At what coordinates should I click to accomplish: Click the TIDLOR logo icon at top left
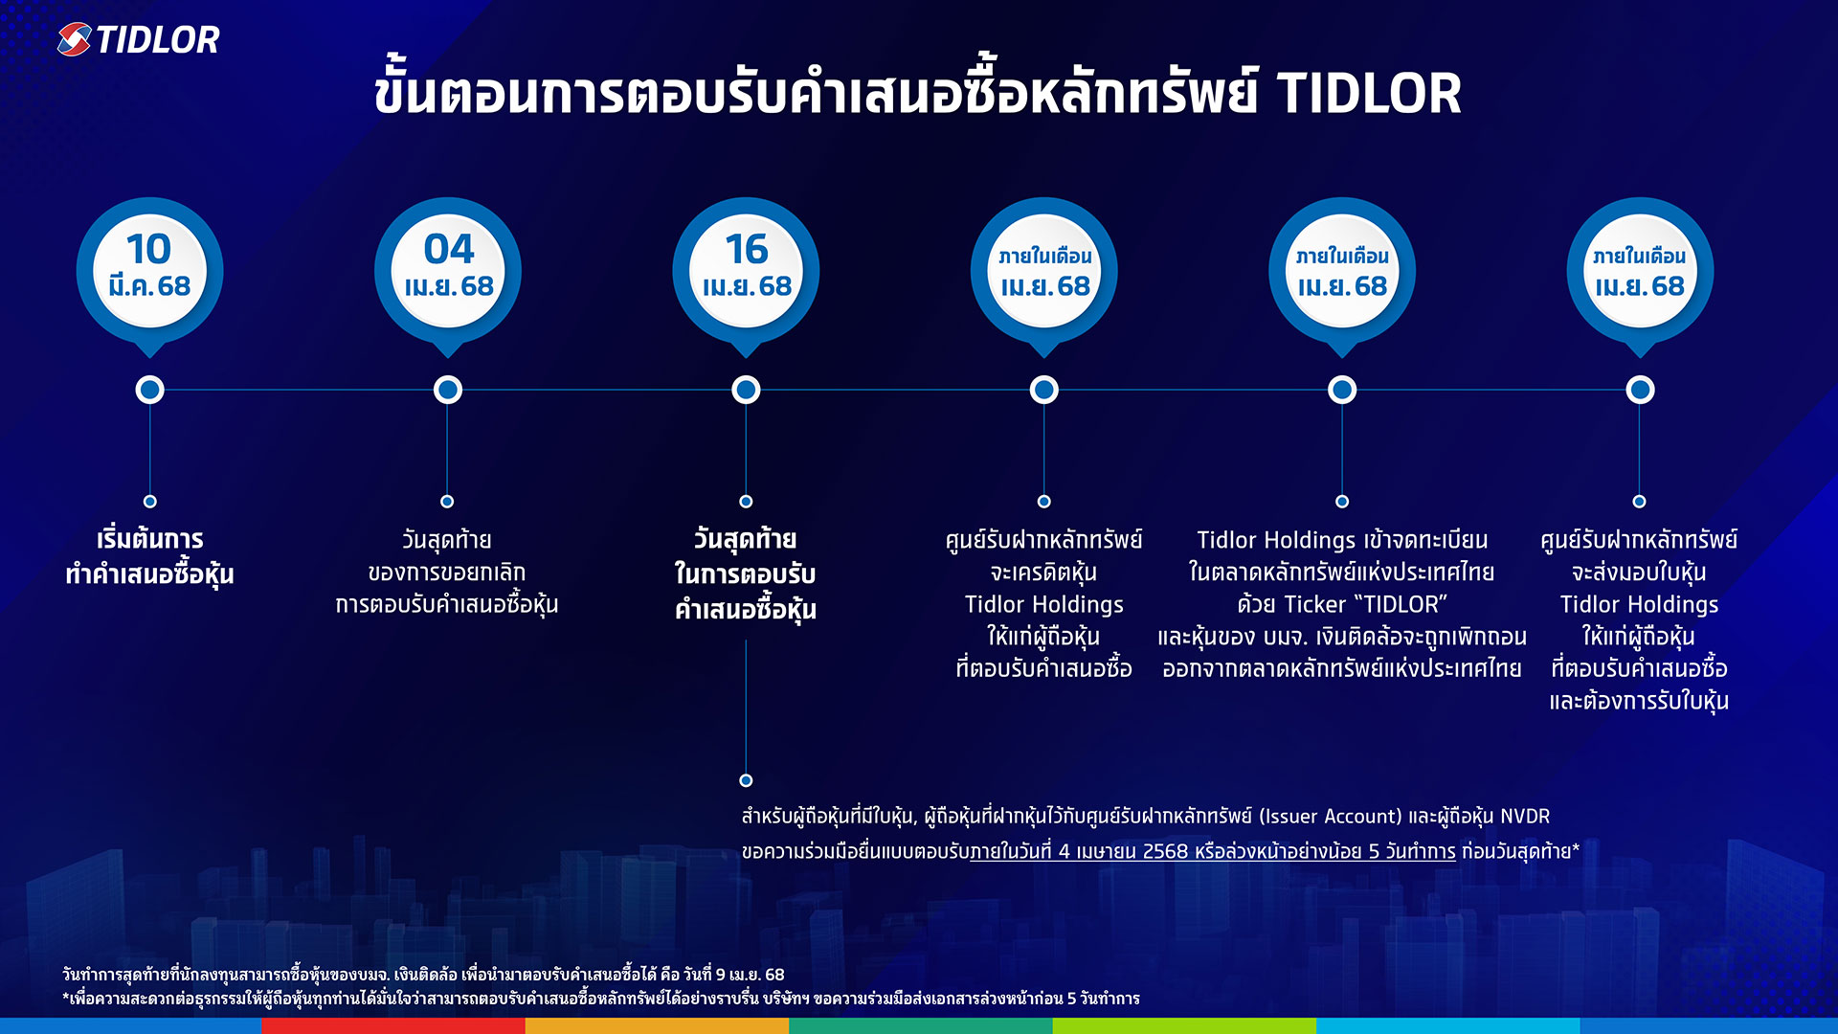tap(74, 39)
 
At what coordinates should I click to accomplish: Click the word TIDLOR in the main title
tap(1368, 94)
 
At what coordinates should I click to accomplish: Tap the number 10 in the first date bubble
tap(149, 249)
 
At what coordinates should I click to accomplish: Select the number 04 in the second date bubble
tap(448, 249)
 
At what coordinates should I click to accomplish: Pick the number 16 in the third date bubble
tap(746, 249)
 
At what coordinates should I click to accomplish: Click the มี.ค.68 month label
tap(149, 286)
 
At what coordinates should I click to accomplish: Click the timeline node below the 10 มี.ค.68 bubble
tap(149, 390)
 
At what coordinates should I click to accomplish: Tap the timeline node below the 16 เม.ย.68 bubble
tap(746, 390)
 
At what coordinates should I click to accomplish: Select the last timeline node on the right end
tap(1640, 390)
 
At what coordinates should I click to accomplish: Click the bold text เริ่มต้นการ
tap(149, 539)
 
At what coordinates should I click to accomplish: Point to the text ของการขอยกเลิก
tap(446, 573)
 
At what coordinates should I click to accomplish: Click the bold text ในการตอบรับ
tap(745, 574)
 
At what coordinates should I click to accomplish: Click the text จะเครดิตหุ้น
tap(1043, 573)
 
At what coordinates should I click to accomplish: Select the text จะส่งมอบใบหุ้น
tap(1639, 573)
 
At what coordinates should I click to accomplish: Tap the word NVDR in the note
tap(1524, 817)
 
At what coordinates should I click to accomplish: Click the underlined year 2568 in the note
tap(1165, 851)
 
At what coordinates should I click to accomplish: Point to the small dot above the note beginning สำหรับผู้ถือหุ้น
tap(746, 780)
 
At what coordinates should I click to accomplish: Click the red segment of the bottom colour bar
tap(392, 1025)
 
